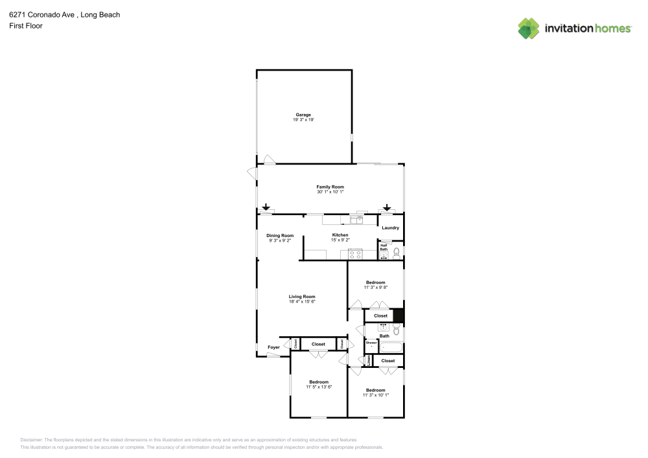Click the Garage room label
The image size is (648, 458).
[303, 115]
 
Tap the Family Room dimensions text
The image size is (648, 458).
[330, 192]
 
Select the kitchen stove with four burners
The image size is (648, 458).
[354, 253]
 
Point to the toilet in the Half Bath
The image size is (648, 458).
[397, 252]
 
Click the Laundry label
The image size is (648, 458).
[390, 227]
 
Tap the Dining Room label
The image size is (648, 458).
[280, 235]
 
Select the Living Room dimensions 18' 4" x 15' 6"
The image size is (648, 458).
[302, 302]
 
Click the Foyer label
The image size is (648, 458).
[273, 347]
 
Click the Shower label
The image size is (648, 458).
[371, 342]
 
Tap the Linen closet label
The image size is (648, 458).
[369, 360]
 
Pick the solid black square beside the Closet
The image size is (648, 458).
[399, 316]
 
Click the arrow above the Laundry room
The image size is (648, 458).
[387, 207]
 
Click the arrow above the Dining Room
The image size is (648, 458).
[266, 207]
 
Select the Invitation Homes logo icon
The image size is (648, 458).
[529, 28]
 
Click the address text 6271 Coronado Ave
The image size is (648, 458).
[39, 14]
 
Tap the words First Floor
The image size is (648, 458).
[26, 26]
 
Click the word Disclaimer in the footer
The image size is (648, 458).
[32, 439]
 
